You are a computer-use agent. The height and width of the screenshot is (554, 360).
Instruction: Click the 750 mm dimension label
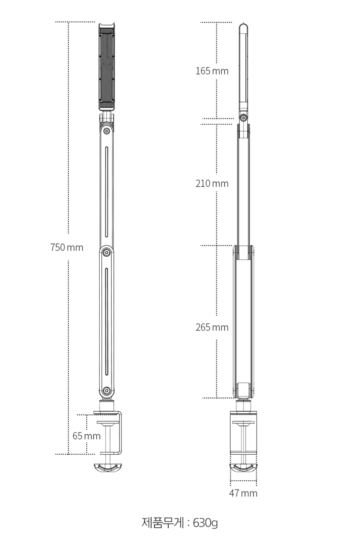[67, 247]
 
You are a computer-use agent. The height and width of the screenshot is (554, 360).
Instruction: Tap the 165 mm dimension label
[212, 71]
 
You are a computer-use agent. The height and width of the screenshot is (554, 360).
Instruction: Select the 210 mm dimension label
[212, 183]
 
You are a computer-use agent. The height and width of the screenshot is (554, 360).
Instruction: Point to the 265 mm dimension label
[212, 327]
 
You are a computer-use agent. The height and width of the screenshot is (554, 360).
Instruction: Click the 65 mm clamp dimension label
[87, 436]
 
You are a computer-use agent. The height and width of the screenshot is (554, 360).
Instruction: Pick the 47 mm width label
[243, 493]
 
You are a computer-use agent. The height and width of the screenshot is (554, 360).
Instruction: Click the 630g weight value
[205, 523]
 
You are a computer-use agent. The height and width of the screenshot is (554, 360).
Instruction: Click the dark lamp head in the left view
[107, 67]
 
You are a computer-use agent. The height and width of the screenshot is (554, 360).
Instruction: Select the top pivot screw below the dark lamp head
[107, 131]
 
